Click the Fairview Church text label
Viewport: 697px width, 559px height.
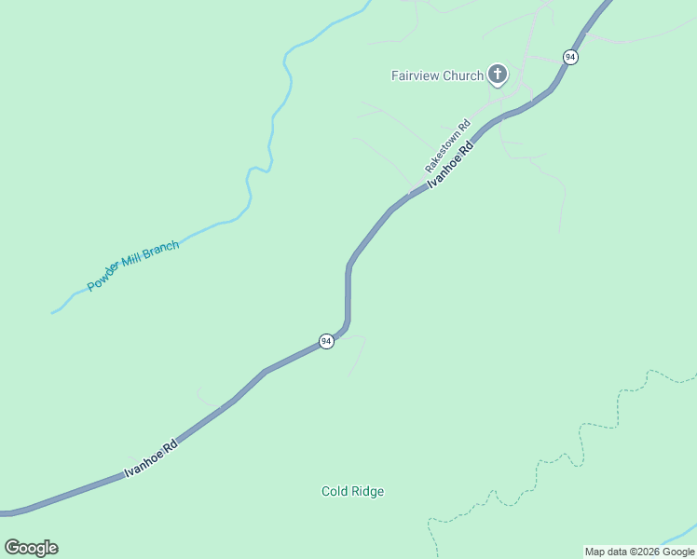tap(436, 75)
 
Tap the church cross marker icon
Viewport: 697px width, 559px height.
tap(498, 75)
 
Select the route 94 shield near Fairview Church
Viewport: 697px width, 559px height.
tap(570, 57)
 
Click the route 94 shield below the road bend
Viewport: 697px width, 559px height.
tap(326, 341)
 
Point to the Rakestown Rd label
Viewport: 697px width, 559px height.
tap(448, 145)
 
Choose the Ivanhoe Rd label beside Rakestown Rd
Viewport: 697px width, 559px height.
tap(451, 166)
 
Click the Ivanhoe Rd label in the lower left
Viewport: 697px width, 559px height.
tap(151, 460)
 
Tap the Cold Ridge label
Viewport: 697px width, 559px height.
tap(352, 491)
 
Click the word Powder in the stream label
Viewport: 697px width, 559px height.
tap(104, 278)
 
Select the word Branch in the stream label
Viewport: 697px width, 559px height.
tap(160, 250)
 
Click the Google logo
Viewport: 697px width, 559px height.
tap(31, 548)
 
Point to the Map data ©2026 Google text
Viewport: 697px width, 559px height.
tap(639, 552)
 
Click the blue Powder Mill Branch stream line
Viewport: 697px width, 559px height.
tap(270, 140)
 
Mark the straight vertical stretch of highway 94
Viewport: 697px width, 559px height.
tap(348, 293)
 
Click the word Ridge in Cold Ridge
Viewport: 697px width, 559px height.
tap(367, 491)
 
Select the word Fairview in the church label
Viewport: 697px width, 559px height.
tap(415, 75)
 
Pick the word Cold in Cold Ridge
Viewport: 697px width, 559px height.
tap(335, 491)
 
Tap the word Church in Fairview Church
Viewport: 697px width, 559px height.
tap(463, 75)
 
